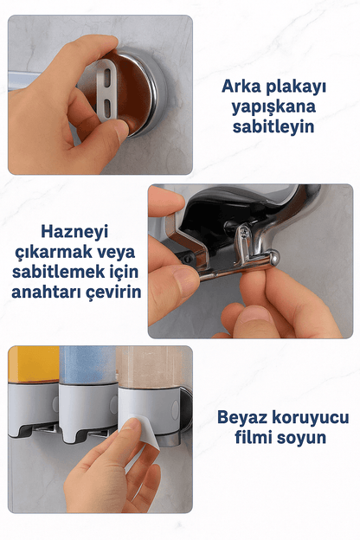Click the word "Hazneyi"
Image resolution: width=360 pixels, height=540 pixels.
tap(74, 233)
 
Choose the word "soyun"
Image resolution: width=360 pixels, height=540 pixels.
tap(298, 438)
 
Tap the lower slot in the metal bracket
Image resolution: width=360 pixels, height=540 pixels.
tap(106, 108)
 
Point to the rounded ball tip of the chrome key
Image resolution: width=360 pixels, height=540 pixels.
tap(272, 257)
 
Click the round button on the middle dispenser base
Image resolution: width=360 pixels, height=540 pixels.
tap(112, 404)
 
